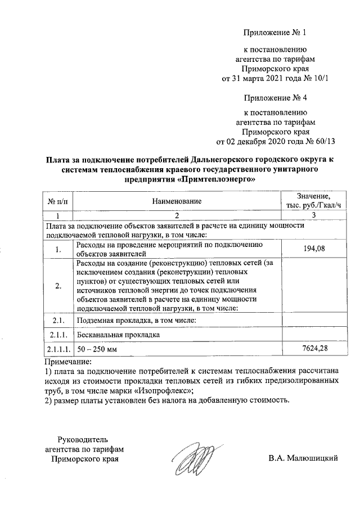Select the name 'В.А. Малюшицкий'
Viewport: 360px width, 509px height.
(x=303, y=458)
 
